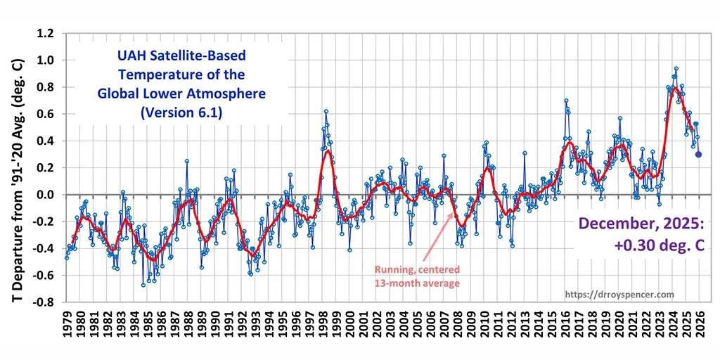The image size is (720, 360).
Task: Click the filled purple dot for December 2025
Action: (697, 155)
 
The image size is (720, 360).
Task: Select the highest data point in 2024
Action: (676, 69)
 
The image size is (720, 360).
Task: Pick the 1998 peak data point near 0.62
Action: (326, 111)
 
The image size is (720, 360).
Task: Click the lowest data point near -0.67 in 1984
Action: (143, 284)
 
